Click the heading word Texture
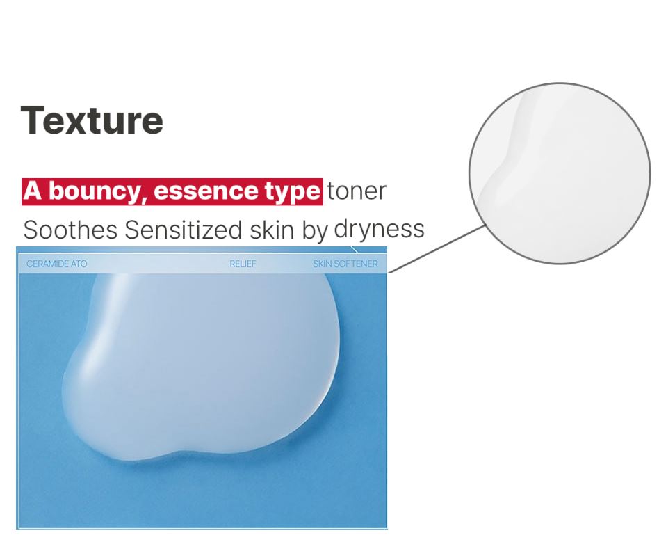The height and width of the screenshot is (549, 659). tap(92, 121)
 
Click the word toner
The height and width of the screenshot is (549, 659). tap(357, 191)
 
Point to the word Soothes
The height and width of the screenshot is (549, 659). tap(70, 230)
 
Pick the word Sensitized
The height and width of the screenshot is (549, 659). tap(184, 230)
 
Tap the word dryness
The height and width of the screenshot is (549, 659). tap(379, 230)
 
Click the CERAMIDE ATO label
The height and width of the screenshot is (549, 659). tap(57, 264)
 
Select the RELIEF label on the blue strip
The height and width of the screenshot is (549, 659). tap(243, 264)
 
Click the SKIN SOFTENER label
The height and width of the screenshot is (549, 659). tap(345, 264)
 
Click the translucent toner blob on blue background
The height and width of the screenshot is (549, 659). tap(202, 362)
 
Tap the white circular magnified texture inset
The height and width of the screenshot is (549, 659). tap(560, 173)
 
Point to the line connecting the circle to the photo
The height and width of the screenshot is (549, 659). tap(437, 248)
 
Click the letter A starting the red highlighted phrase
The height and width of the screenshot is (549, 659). tap(33, 191)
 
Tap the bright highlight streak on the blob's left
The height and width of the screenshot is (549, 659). tap(102, 319)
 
